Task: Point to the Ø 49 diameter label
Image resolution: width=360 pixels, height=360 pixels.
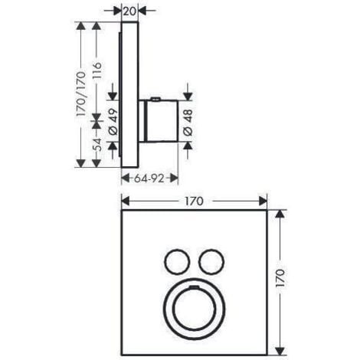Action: [113, 123]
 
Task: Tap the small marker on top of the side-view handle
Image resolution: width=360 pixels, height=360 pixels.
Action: [155, 98]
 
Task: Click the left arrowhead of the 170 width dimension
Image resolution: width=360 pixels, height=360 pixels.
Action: [125, 201]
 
